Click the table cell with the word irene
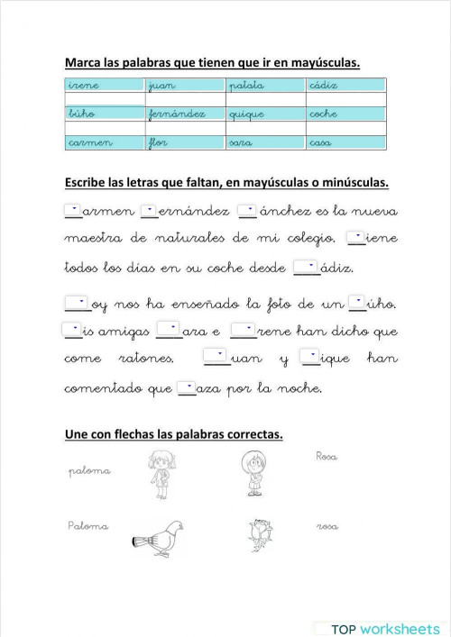pos(104,85)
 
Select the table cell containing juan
pos(185,85)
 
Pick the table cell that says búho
pos(104,114)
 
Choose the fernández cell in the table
pos(185,114)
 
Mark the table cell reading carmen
pos(104,143)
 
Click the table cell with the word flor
pos(185,143)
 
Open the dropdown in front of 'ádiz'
pos(307,267)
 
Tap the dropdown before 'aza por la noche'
pos(186,388)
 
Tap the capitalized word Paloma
pos(87,525)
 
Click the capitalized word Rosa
pos(327,457)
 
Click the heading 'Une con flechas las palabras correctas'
pos(174,435)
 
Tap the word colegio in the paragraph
pos(312,239)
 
